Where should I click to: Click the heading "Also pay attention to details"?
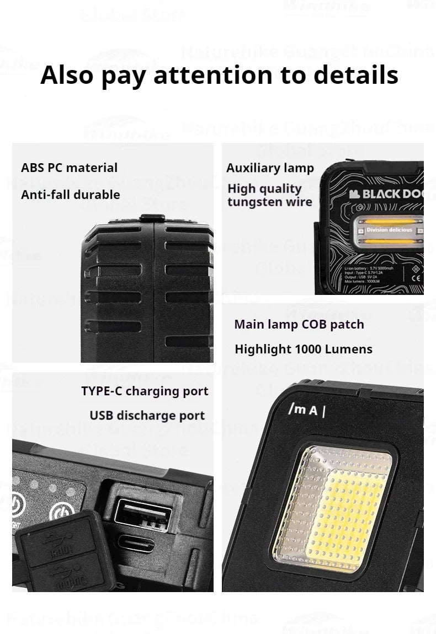tap(219, 75)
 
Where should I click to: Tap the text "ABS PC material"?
tap(69, 168)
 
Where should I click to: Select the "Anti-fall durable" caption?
tap(70, 195)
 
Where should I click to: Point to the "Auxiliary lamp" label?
tap(270, 168)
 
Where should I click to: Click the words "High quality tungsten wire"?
tap(270, 195)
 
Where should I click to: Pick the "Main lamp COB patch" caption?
tap(299, 324)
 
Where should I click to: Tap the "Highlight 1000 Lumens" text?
tap(304, 349)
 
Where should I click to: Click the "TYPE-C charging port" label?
tap(145, 391)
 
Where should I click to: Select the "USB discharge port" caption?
tap(147, 416)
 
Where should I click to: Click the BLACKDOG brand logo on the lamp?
tap(386, 194)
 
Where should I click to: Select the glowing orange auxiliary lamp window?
tap(389, 229)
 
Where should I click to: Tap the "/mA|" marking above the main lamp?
tap(307, 411)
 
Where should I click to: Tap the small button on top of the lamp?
tap(151, 218)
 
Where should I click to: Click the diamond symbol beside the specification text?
tap(416, 271)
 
